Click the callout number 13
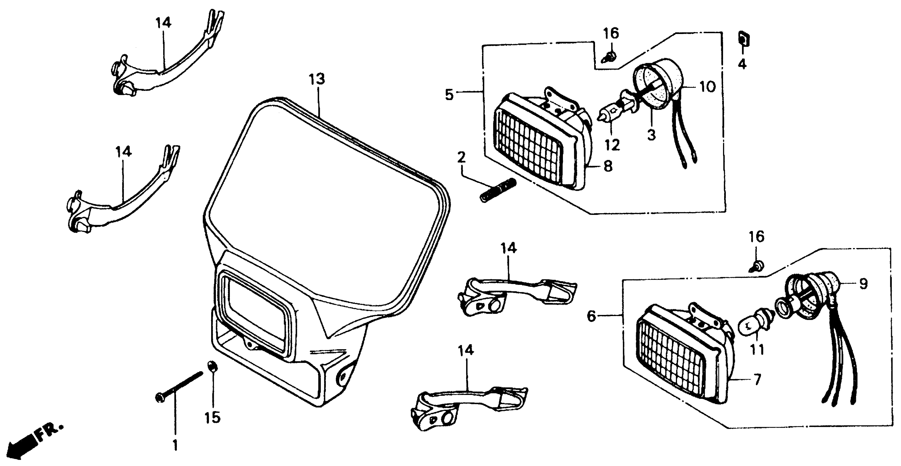click(x=316, y=79)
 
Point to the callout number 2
click(x=461, y=158)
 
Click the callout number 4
click(x=742, y=64)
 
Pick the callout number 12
click(x=612, y=145)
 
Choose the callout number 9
click(x=863, y=284)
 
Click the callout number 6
click(x=591, y=316)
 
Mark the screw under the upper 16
click(x=610, y=57)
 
